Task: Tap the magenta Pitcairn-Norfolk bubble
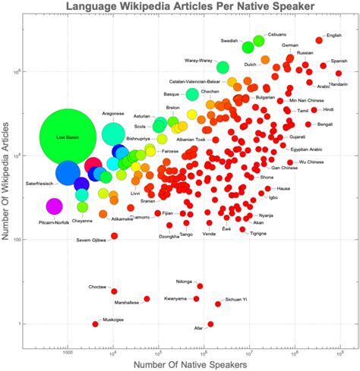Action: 54,206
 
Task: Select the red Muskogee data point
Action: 96,324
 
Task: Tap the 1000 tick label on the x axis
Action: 67,352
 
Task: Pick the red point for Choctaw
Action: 114,291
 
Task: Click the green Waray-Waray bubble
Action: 223,67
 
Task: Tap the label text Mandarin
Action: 338,84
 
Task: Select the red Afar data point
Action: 210,324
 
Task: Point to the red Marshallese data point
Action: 147,299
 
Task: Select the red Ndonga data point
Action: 200,286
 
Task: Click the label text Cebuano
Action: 277,35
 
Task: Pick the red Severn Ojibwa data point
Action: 115,236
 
